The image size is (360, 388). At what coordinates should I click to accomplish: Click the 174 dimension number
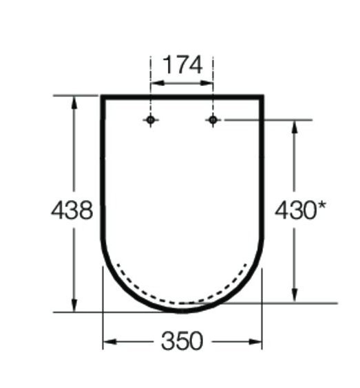182,65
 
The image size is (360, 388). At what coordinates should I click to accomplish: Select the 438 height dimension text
72,210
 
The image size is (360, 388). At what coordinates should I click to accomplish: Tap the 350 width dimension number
182,341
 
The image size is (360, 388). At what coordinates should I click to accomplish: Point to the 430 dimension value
295,210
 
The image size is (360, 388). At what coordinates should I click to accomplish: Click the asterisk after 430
321,206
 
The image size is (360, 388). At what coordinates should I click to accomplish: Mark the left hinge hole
151,120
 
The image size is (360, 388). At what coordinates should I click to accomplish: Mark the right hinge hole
213,120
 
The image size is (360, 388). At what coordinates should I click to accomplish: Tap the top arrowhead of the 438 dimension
74,103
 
